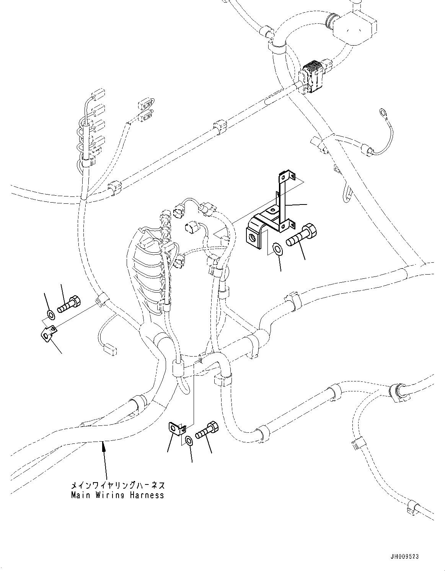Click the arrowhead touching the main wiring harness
pyautogui.click(x=103, y=445)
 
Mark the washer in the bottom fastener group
pyautogui.click(x=189, y=440)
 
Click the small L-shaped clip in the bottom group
pyautogui.click(x=176, y=429)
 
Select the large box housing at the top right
pyautogui.click(x=354, y=24)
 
